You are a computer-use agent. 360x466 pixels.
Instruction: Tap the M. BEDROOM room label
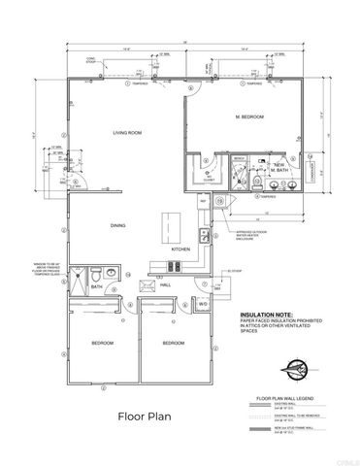tap(249, 117)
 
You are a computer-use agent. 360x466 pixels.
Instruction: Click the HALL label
tap(166, 284)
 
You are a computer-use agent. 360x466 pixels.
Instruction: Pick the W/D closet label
tap(204, 304)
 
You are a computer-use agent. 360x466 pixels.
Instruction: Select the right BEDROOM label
tap(173, 344)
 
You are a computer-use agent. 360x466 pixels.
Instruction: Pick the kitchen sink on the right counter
tap(204, 235)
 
